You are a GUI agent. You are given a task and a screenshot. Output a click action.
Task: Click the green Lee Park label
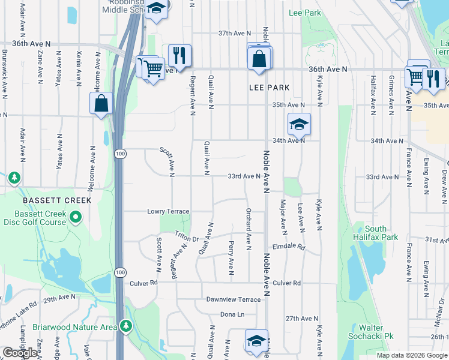pyautogui.click(x=304, y=13)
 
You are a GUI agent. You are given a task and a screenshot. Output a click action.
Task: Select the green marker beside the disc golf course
pyautogui.click(x=75, y=217)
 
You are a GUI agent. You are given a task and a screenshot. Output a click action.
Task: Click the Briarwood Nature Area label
pyautogui.click(x=83, y=328)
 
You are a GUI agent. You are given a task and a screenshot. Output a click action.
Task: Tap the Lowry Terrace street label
pyautogui.click(x=168, y=211)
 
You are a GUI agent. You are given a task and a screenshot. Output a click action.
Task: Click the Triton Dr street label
pyautogui.click(x=187, y=237)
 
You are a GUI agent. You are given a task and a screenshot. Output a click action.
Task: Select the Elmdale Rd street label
pyautogui.click(x=289, y=247)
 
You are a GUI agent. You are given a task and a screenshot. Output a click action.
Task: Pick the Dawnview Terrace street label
pyautogui.click(x=233, y=299)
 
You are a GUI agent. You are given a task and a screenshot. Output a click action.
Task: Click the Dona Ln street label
pyautogui.click(x=233, y=314)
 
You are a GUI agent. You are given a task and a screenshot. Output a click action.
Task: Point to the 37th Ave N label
pyautogui.click(x=234, y=34)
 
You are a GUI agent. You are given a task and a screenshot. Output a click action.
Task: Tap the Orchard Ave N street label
pyautogui.click(x=248, y=227)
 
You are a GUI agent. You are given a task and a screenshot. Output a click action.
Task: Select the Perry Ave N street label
pyautogui.click(x=231, y=256)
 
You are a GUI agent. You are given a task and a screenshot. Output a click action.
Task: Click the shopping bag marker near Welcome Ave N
pyautogui.click(x=101, y=103)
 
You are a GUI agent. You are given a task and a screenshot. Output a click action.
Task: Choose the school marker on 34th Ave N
pyautogui.click(x=298, y=124)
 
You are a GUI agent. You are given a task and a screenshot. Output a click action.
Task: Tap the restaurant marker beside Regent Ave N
pyautogui.click(x=179, y=56)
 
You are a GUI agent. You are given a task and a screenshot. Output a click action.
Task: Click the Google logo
pyautogui.click(x=19, y=353)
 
